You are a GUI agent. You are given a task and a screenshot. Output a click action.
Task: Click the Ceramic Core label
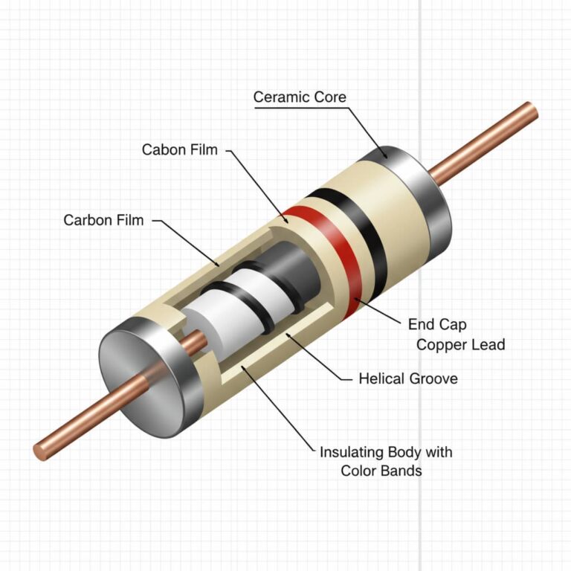(300, 97)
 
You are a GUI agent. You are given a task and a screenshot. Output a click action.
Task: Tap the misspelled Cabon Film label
(180, 149)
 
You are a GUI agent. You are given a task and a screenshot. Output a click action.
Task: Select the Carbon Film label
(103, 220)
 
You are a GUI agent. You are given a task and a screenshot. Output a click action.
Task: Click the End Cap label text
(437, 325)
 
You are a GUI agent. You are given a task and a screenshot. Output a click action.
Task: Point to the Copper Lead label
(460, 344)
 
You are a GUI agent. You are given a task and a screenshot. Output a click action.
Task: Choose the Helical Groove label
(408, 378)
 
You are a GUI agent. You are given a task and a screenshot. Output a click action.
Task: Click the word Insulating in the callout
(351, 452)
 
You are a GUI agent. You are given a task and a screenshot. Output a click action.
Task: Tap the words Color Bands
(381, 471)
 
